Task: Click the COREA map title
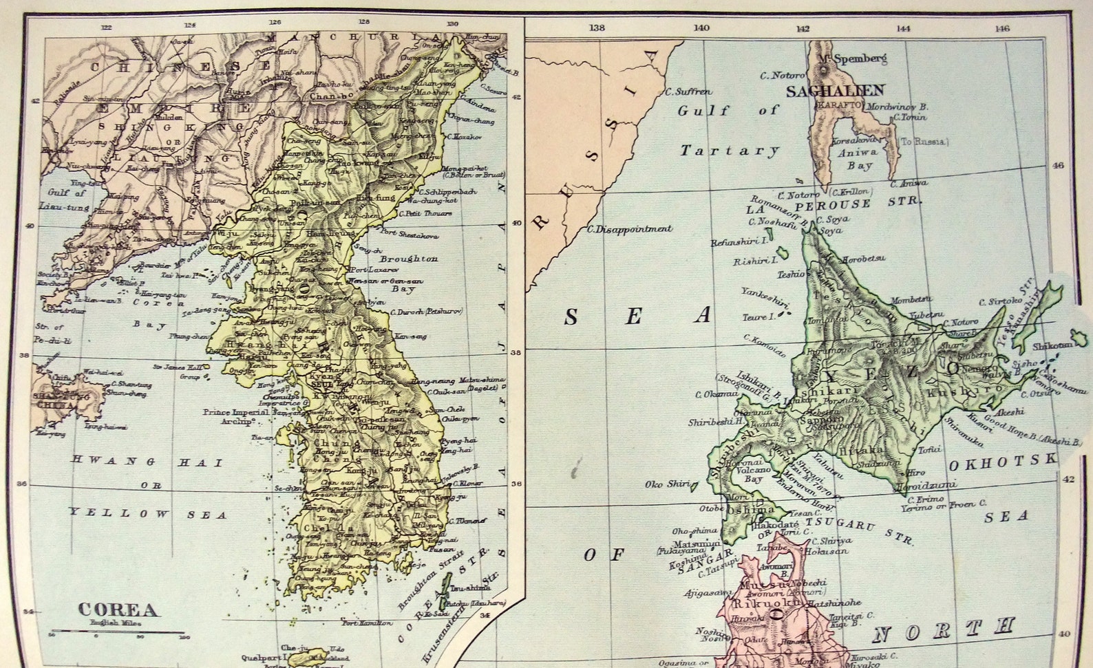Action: (x=118, y=610)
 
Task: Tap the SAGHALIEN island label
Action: (x=835, y=90)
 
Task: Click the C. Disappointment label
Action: (x=628, y=229)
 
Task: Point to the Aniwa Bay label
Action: (x=857, y=159)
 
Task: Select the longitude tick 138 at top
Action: (x=597, y=28)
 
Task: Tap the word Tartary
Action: (x=730, y=151)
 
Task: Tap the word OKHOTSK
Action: (x=1001, y=464)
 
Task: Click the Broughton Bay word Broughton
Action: (x=408, y=259)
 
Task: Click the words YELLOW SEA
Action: (x=148, y=513)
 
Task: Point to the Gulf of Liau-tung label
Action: (x=67, y=200)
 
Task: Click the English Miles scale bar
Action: (x=117, y=632)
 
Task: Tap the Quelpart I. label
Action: (x=261, y=657)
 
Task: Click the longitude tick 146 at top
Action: (x=1001, y=28)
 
